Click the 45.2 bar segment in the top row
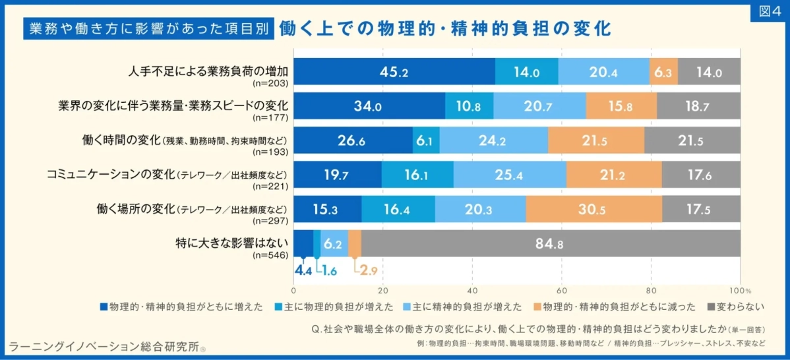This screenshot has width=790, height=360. pos(394,72)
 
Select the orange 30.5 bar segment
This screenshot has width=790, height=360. pos(593,209)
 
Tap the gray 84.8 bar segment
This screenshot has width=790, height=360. pos(550,243)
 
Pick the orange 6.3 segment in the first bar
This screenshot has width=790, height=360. pos(663,72)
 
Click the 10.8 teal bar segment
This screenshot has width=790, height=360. pos(469,106)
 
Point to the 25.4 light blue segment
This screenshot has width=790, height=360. pos(509,175)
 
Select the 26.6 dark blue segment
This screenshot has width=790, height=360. pos(353,140)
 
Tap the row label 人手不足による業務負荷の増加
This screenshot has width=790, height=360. pos(210,71)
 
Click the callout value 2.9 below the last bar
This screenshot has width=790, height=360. pos(365,271)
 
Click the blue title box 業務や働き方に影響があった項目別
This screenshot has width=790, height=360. pos(148,28)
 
